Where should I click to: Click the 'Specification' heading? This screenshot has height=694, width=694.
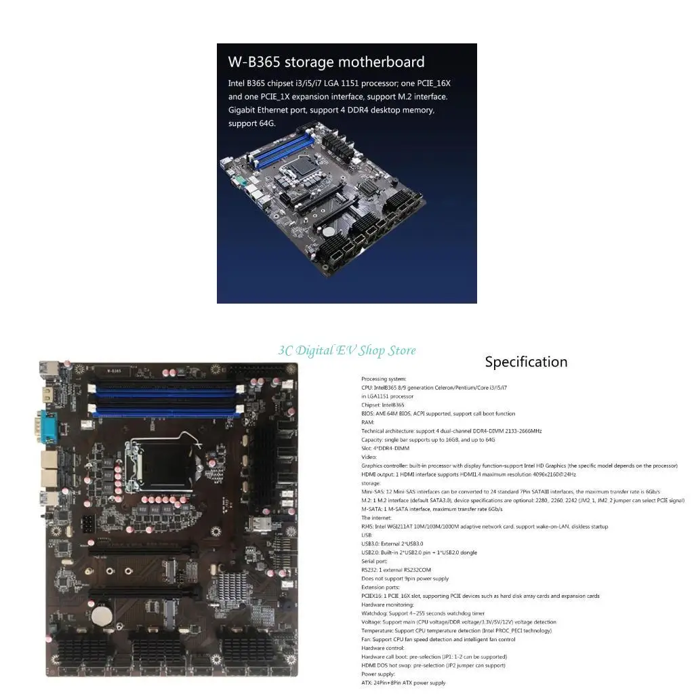point(526,362)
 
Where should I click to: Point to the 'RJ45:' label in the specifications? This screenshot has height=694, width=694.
point(369,527)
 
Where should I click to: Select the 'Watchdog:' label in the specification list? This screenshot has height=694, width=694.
point(374,613)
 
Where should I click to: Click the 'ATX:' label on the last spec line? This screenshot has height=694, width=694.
point(367,682)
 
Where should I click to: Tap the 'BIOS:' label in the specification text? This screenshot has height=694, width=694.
point(369,413)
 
